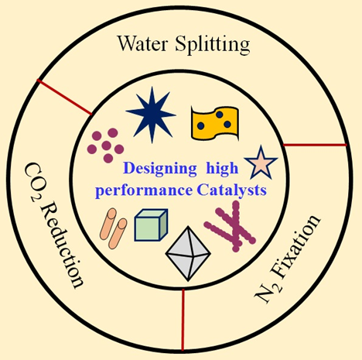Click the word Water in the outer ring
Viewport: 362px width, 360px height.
pyautogui.click(x=142, y=43)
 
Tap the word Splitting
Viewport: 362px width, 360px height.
pyautogui.click(x=213, y=45)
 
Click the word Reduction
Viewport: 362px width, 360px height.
pyautogui.click(x=62, y=245)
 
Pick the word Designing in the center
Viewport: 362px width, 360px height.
pyautogui.click(x=159, y=169)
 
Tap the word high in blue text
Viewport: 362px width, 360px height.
pyautogui.click(x=222, y=169)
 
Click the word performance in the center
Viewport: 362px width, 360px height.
pyautogui.click(x=144, y=191)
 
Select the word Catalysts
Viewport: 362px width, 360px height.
pyautogui.click(x=231, y=190)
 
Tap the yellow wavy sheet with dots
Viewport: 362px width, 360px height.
pyautogui.click(x=215, y=123)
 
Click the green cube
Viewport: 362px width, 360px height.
pyautogui.click(x=151, y=225)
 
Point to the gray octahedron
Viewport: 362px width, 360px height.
pyautogui.click(x=188, y=254)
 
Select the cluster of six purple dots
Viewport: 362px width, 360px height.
pyautogui.click(x=105, y=146)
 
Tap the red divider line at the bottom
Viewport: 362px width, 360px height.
pyautogui.click(x=183, y=320)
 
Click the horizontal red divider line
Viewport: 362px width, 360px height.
pyautogui.click(x=315, y=145)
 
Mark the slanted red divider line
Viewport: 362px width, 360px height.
pyautogui.click(x=64, y=97)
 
